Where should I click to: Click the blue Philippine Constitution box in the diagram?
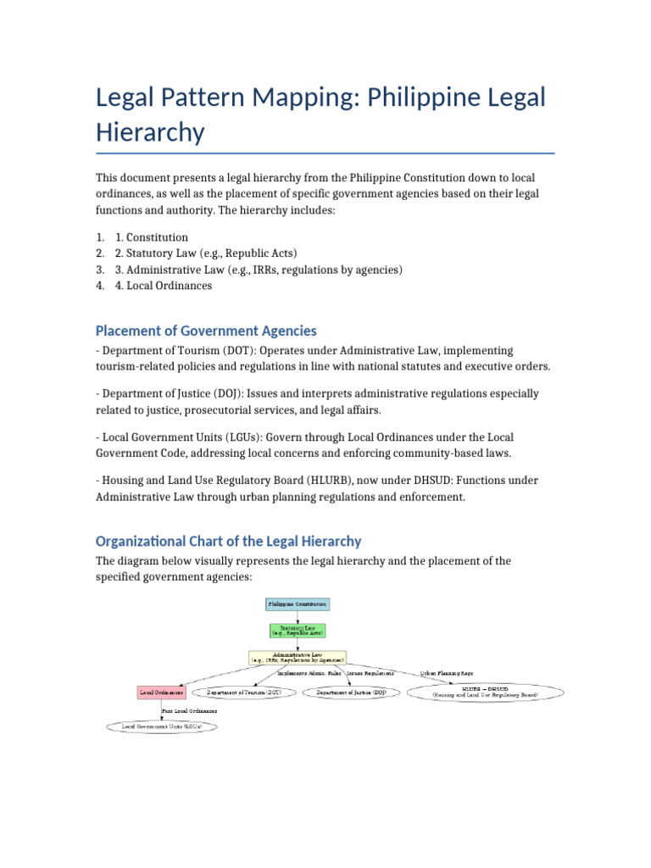click(x=297, y=604)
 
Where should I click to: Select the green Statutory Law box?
click(x=297, y=630)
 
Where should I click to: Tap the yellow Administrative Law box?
click(x=297, y=657)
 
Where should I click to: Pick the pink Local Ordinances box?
click(x=161, y=693)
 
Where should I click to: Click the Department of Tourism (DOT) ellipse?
click(x=245, y=693)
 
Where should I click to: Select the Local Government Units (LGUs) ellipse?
click(x=162, y=726)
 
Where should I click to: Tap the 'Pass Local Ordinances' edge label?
click(x=189, y=710)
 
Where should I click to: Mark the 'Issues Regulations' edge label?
click(x=370, y=673)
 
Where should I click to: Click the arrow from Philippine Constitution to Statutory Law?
click(x=297, y=616)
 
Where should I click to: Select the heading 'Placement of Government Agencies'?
click(x=206, y=331)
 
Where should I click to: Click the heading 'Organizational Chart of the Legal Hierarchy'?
click(x=228, y=541)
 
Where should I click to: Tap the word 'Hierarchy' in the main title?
click(x=150, y=132)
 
